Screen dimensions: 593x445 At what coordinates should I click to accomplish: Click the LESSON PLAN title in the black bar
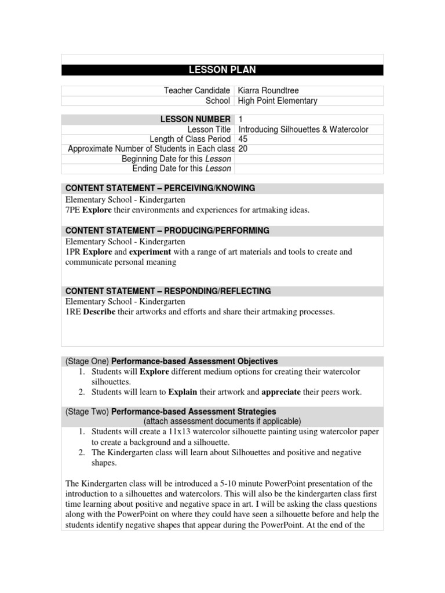[x=222, y=70]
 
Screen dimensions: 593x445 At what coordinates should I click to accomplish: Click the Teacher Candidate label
[x=197, y=90]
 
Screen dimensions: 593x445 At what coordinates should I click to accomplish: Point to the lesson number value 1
[x=240, y=119]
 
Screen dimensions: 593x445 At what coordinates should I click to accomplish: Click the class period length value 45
[x=243, y=139]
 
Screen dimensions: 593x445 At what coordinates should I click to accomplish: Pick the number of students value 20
[x=243, y=149]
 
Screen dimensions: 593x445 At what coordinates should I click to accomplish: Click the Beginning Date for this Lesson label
[x=176, y=159]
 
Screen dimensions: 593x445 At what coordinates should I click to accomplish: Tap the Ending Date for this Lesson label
[x=181, y=169]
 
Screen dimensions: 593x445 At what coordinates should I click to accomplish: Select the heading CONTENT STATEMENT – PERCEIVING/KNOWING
[x=160, y=188]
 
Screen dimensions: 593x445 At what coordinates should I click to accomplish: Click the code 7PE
[x=72, y=210]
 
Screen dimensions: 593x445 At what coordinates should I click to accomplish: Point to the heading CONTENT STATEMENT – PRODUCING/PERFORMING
[x=167, y=230]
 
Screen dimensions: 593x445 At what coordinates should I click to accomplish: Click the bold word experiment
[x=149, y=252]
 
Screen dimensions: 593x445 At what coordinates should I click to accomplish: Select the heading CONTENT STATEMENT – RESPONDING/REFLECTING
[x=168, y=291]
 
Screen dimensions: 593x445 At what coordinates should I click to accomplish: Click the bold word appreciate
[x=281, y=392]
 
